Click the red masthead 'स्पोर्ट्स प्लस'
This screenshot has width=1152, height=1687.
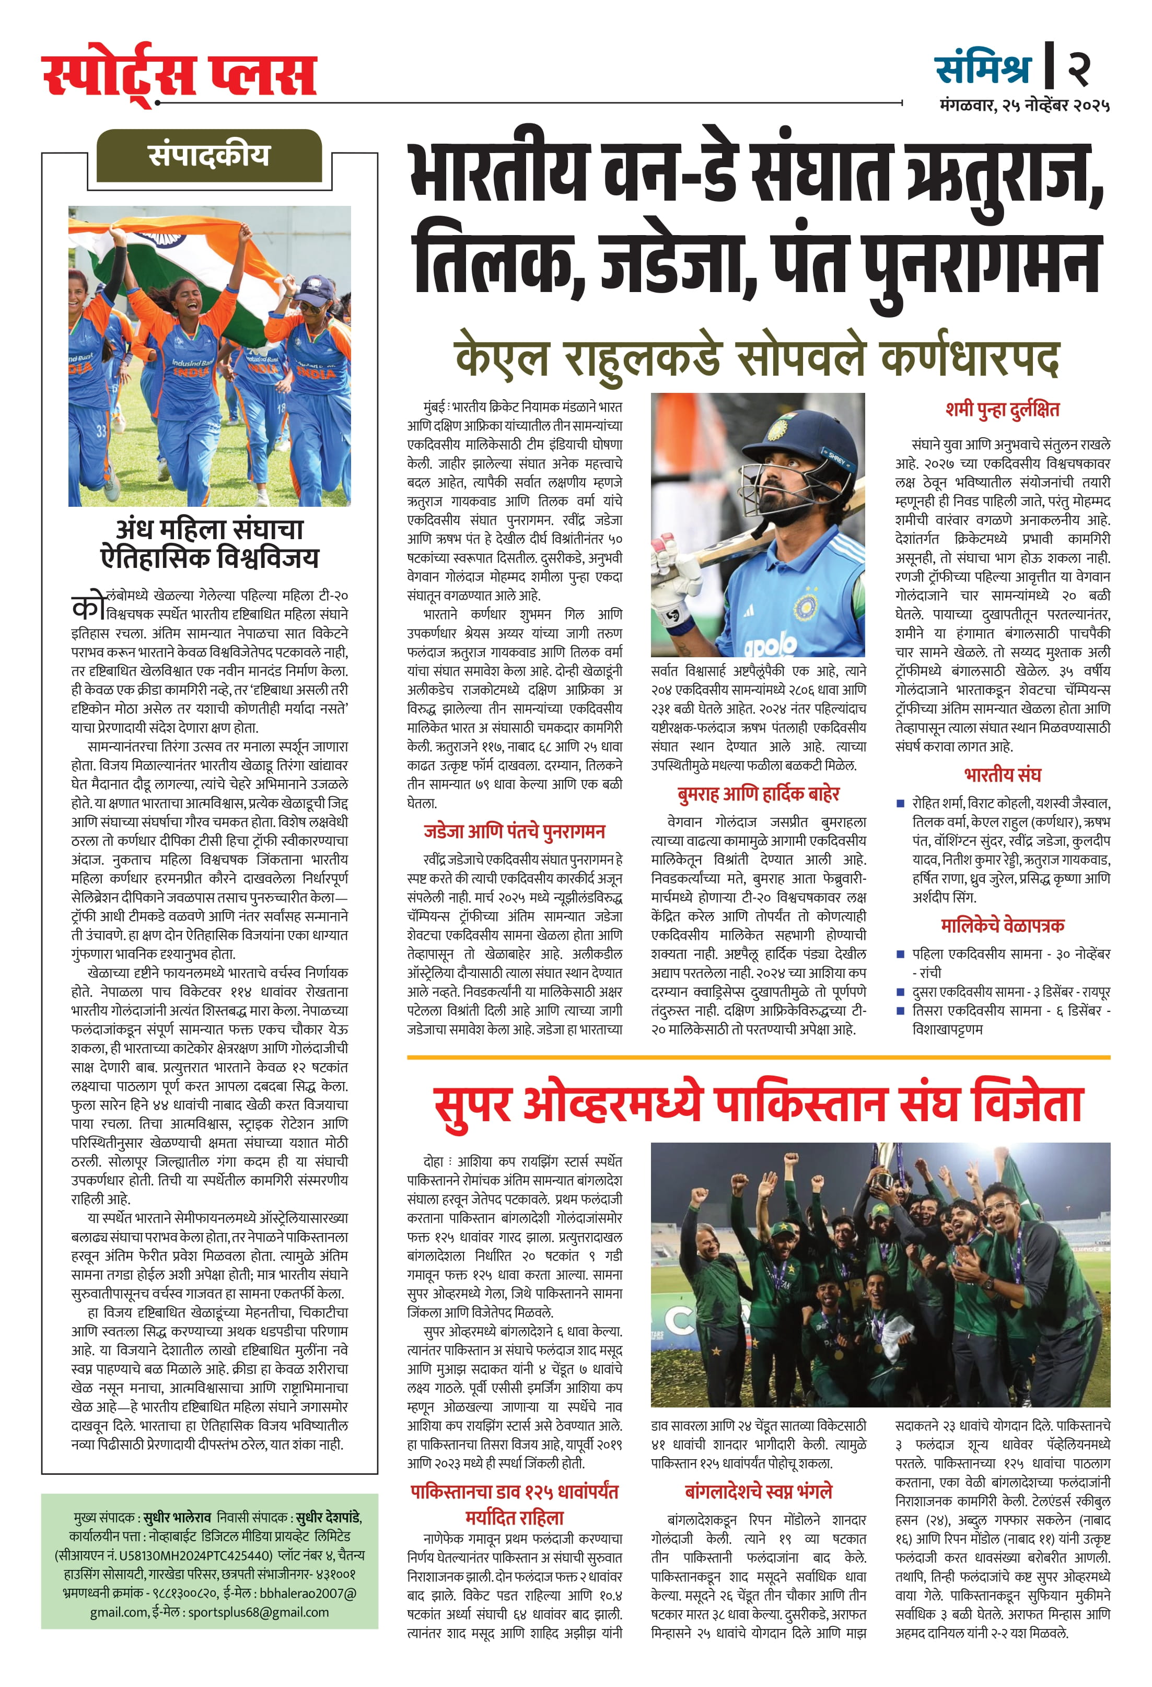pyautogui.click(x=179, y=75)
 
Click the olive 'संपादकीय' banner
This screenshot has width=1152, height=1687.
pyautogui.click(x=209, y=155)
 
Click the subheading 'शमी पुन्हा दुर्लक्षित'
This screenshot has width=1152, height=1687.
pyautogui.click(x=1003, y=410)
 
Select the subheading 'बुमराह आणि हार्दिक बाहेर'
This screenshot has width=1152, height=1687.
pyautogui.click(x=758, y=794)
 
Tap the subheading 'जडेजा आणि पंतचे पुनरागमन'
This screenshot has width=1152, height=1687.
pyautogui.click(x=514, y=832)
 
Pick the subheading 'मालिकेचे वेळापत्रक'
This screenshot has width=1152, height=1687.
pyautogui.click(x=1003, y=926)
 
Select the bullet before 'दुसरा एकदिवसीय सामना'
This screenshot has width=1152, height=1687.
pyautogui.click(x=900, y=992)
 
